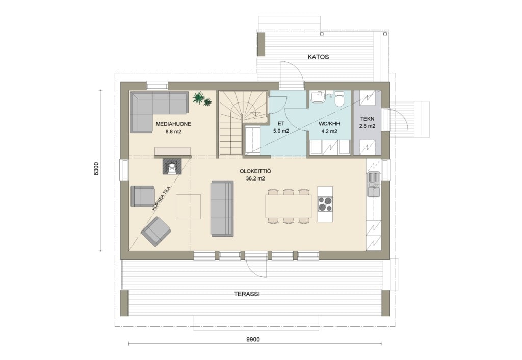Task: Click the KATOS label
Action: (x=318, y=57)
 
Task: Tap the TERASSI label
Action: (x=247, y=294)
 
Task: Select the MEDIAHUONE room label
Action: (x=173, y=124)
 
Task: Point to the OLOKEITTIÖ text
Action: (x=255, y=171)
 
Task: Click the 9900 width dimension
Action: (x=253, y=340)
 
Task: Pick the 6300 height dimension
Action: (x=96, y=168)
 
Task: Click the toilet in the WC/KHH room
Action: (x=340, y=99)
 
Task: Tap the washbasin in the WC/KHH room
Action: (x=319, y=97)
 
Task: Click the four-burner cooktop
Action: (x=325, y=204)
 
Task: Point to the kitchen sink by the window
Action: (x=374, y=184)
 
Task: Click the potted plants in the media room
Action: (x=202, y=99)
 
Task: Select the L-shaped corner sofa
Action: (x=159, y=111)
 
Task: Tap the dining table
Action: (x=289, y=206)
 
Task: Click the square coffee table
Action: (x=189, y=207)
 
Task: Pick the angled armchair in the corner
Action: (x=156, y=232)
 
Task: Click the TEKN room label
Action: (x=367, y=119)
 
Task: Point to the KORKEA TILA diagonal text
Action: (x=161, y=198)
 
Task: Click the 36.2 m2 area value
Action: (x=255, y=178)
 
